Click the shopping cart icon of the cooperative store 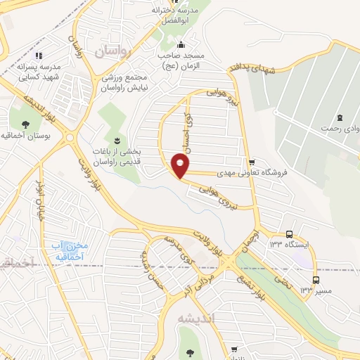[x=251, y=162]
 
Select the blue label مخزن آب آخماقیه [x=67, y=251]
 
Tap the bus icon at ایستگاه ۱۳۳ [x=289, y=234]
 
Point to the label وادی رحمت [x=340, y=129]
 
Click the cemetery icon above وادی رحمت [x=340, y=117]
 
